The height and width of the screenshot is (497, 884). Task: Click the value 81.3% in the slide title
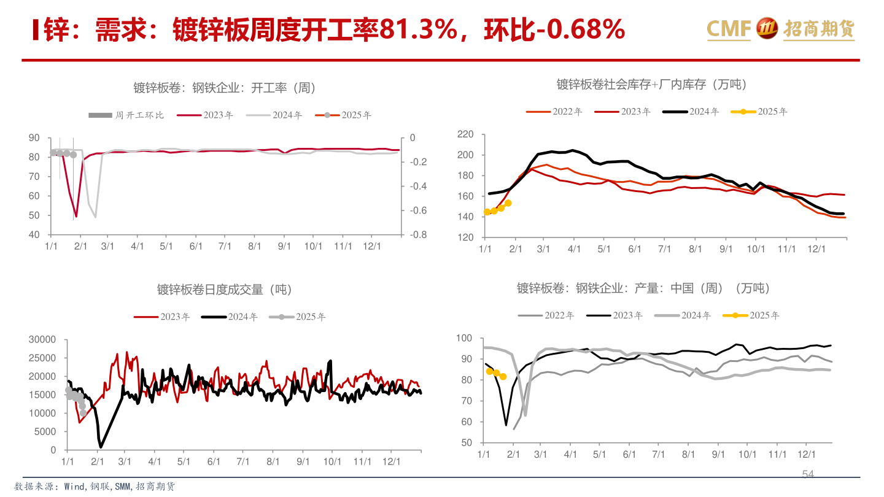click(x=418, y=29)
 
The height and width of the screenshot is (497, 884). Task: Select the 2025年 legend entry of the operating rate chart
click(x=348, y=115)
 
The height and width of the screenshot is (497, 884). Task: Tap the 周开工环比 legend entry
click(x=126, y=115)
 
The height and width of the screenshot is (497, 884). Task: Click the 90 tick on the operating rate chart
click(x=34, y=138)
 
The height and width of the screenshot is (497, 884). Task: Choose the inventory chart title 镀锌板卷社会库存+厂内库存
click(x=652, y=85)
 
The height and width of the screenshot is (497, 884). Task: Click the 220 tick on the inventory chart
click(x=465, y=134)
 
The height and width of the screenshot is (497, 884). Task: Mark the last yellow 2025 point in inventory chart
click(x=508, y=203)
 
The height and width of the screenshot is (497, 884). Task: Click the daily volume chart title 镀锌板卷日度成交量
click(x=224, y=290)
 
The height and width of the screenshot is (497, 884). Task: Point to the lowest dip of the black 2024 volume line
click(x=101, y=446)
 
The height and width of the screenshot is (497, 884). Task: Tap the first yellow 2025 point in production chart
click(x=489, y=371)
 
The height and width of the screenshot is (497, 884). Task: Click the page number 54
click(x=808, y=474)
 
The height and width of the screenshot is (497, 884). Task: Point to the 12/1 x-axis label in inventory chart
click(x=815, y=250)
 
